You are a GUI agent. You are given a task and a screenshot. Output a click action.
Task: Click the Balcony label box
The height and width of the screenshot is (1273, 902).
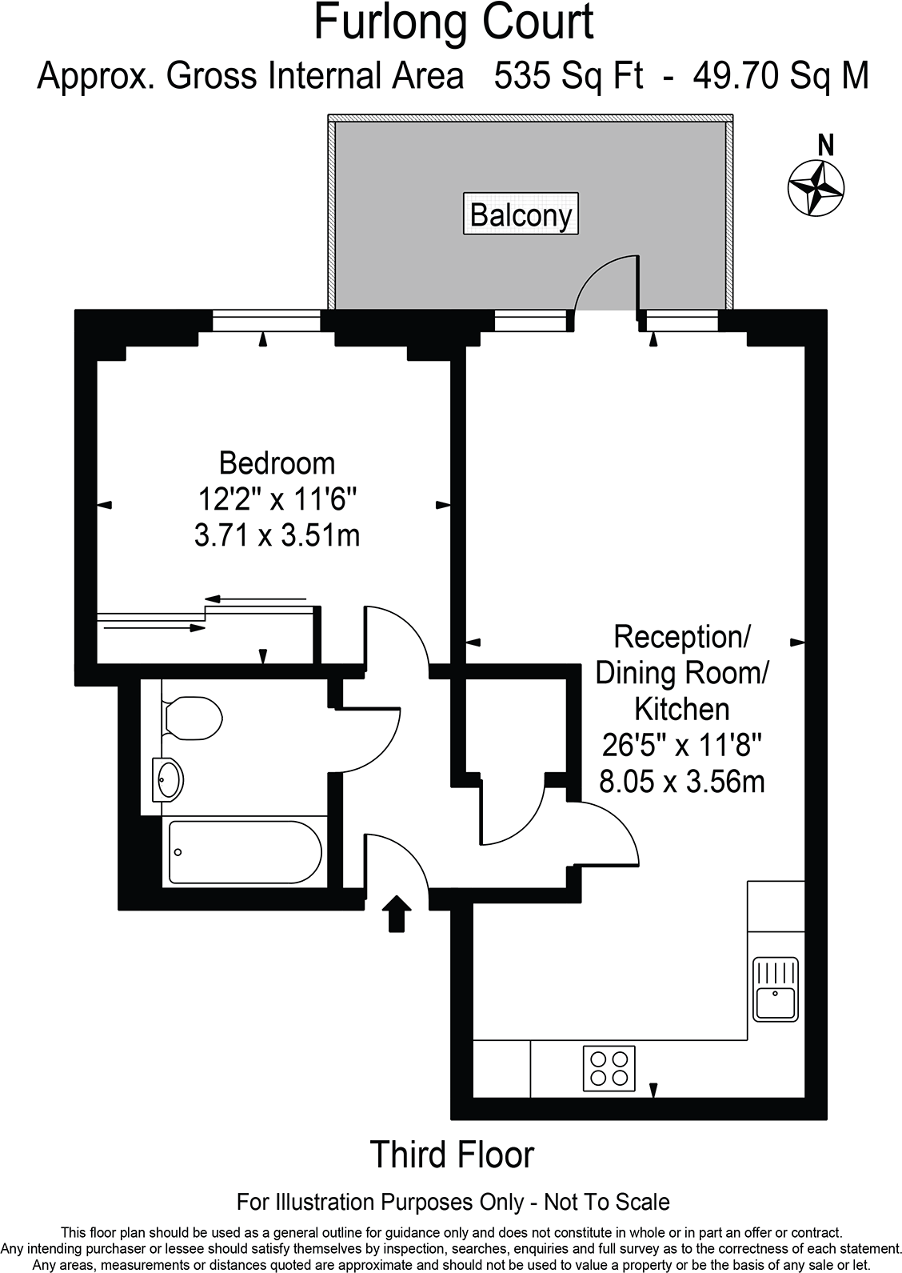pyautogui.click(x=521, y=214)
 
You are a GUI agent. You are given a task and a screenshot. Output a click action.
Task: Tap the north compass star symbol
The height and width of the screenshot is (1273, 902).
pyautogui.click(x=816, y=186)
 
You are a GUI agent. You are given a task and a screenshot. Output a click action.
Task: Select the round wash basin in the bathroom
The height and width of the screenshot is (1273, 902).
pyautogui.click(x=170, y=778)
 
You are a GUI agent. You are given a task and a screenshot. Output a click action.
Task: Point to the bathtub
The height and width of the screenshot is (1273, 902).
pyautogui.click(x=245, y=852)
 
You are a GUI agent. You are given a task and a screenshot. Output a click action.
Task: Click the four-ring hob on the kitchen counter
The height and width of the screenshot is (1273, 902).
pyautogui.click(x=609, y=1067)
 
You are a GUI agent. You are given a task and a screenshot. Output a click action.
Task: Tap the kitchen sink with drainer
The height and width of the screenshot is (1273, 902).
pyautogui.click(x=775, y=989)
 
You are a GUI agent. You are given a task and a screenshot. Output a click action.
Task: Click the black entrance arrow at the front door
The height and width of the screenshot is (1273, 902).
pyautogui.click(x=397, y=914)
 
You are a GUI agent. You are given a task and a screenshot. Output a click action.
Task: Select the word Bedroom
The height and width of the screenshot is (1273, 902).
pyautogui.click(x=277, y=463)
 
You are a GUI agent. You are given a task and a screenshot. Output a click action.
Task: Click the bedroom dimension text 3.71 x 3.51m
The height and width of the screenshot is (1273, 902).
pyautogui.click(x=277, y=534)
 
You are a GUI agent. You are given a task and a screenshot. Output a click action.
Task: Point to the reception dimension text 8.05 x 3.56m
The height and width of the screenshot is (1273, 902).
pyautogui.click(x=681, y=781)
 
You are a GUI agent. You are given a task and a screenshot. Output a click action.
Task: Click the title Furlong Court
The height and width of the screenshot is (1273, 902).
pyautogui.click(x=453, y=22)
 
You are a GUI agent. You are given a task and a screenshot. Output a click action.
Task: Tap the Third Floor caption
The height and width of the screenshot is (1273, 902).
pyautogui.click(x=452, y=1155)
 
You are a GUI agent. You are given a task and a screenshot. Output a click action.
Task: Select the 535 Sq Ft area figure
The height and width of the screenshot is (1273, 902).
pyautogui.click(x=569, y=77)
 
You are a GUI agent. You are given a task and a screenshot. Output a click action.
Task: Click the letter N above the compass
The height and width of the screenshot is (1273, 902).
pyautogui.click(x=827, y=146)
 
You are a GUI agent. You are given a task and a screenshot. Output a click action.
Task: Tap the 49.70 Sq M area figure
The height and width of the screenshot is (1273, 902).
pyautogui.click(x=780, y=77)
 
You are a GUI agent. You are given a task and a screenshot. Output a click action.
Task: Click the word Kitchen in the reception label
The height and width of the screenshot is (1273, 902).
pyautogui.click(x=681, y=709)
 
